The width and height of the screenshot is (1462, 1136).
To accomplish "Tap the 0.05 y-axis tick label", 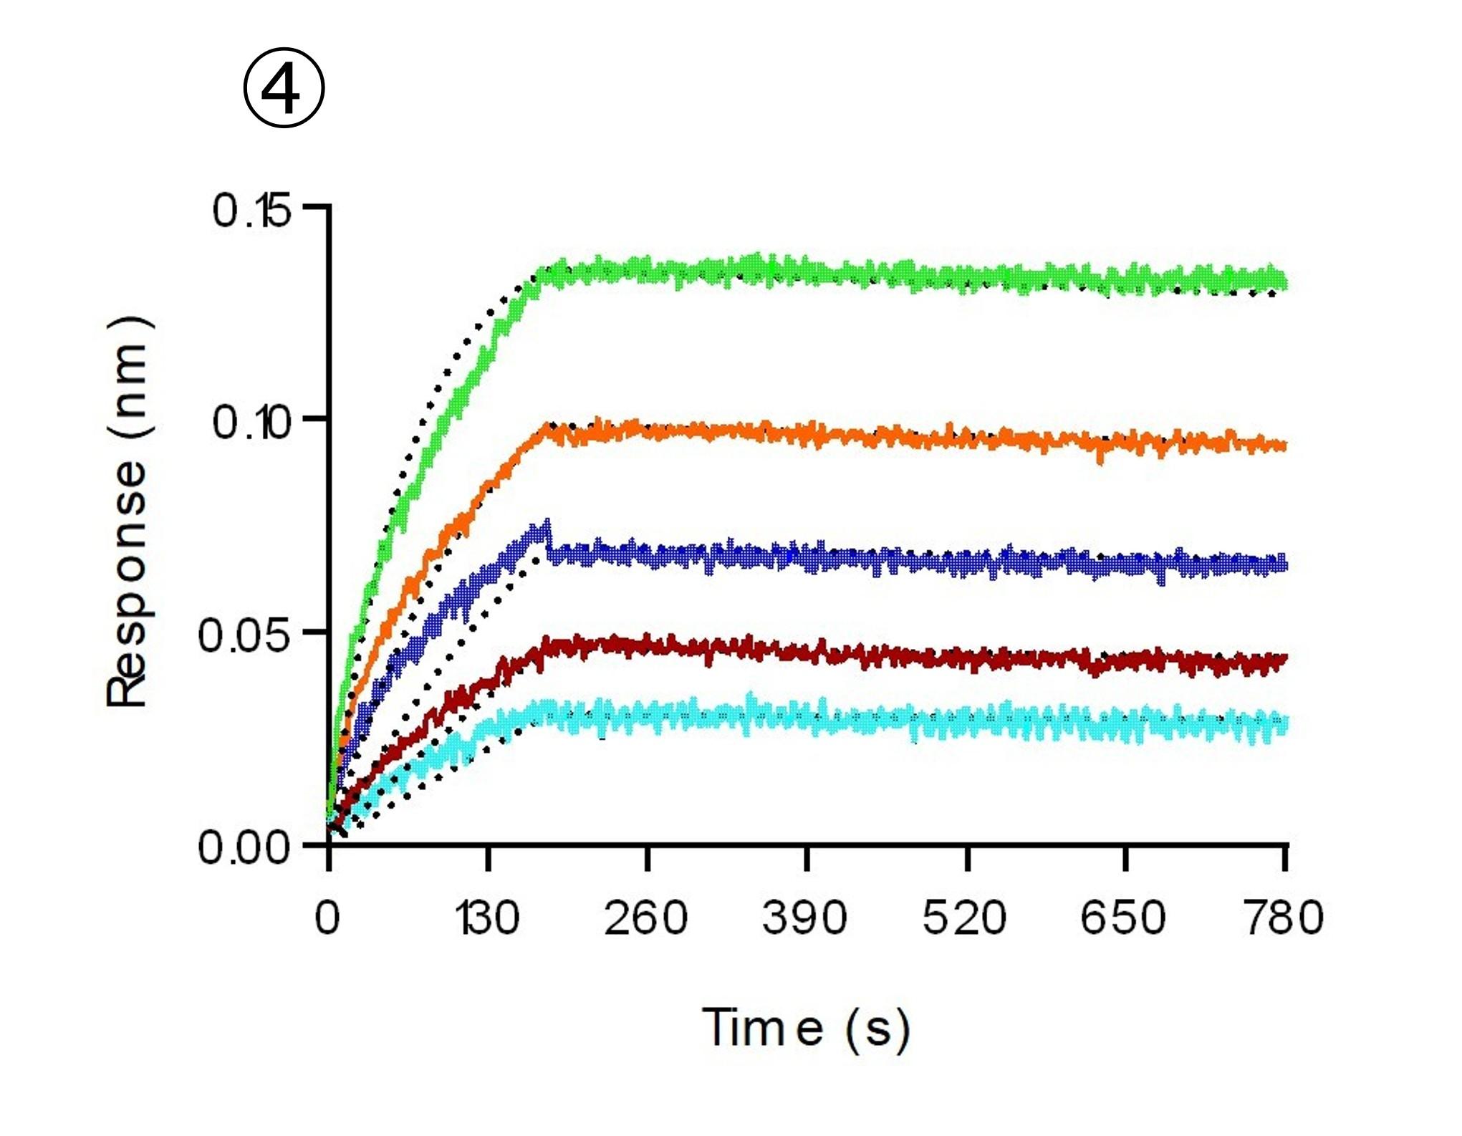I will point(244,635).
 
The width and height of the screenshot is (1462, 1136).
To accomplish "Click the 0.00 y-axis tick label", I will point(244,847).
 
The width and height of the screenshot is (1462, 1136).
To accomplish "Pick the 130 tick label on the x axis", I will point(489,918).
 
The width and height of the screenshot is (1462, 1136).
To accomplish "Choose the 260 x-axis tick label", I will point(645,918).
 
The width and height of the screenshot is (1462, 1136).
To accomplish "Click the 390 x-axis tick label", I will point(804,918).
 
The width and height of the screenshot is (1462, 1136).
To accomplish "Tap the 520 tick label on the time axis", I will point(964,918).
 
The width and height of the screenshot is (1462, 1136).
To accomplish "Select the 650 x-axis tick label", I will point(1123,918).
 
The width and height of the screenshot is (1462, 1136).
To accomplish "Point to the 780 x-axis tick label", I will point(1283,918).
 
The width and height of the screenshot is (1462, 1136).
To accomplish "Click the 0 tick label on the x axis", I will point(327,918).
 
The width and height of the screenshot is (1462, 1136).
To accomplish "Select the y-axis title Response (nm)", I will point(128,512).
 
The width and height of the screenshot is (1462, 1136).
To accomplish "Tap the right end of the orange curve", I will point(1285,446).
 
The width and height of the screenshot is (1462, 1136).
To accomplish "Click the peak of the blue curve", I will point(548,523).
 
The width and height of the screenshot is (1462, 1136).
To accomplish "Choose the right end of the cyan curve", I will point(1285,723).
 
